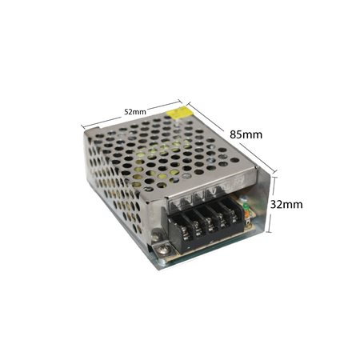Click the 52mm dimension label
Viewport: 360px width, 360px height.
tap(135, 112)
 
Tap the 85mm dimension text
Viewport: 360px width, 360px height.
tap(246, 134)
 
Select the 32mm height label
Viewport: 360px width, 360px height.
tap(286, 205)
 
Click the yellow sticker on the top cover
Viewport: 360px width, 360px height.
tap(178, 113)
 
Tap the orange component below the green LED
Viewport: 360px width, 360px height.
tap(247, 213)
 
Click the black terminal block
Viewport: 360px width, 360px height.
tap(206, 226)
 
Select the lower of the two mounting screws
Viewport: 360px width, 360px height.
tap(162, 250)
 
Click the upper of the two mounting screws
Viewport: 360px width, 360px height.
tap(154, 237)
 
